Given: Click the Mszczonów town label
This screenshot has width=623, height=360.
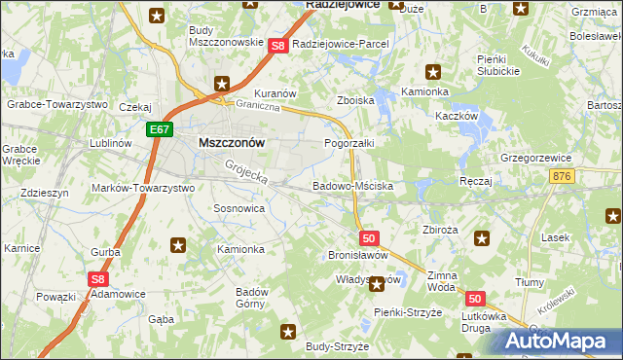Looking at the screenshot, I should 232,141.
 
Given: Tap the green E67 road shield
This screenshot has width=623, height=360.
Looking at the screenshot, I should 161,127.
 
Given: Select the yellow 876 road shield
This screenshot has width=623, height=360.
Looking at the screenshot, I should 562,175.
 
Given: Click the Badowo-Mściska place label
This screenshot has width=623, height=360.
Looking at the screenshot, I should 352,185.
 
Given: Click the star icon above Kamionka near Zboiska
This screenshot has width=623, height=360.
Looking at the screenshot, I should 433,71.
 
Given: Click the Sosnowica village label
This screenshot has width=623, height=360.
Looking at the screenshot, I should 238,208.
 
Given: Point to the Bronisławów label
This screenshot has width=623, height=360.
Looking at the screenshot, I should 358,254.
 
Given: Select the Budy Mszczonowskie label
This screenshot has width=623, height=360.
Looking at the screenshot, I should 226,36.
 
